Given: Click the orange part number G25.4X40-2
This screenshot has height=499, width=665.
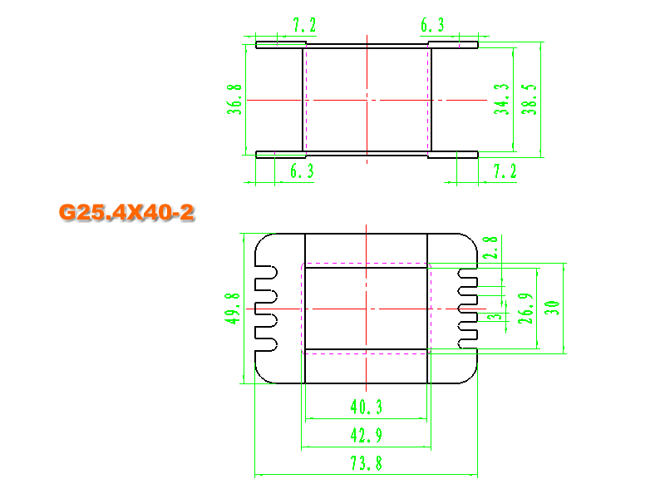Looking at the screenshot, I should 126,212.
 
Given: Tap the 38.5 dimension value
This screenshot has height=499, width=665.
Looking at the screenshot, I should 529,98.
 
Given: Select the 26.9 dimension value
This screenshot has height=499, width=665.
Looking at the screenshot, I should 525,309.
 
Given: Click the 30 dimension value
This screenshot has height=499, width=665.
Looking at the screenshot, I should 550,309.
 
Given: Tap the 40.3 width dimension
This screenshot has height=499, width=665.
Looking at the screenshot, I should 366,407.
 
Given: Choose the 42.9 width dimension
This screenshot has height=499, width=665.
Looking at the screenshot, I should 366,434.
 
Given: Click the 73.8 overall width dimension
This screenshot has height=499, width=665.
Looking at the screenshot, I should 366,463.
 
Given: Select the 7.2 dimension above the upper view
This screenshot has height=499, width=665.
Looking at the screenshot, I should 305,25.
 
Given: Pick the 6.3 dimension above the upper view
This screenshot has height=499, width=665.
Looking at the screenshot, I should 432,25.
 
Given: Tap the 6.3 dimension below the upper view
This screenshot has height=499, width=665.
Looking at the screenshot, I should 301,171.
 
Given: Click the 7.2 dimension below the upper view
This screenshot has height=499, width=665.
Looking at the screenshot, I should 505,171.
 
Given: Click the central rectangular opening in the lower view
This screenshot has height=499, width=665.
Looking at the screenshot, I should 366,309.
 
